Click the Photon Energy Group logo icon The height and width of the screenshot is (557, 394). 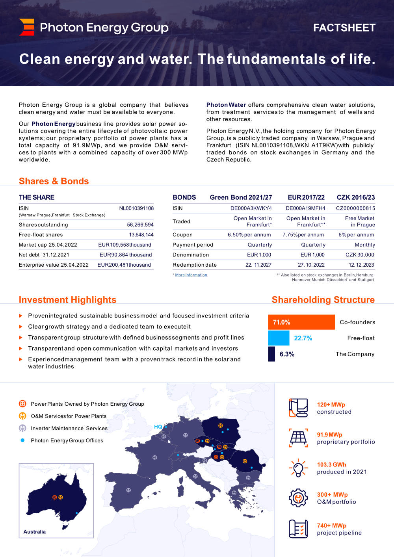click(x=26, y=27)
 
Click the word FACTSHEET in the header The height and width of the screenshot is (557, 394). click(x=344, y=28)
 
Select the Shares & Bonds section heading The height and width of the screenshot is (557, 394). click(x=54, y=181)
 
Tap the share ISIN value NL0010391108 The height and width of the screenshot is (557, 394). click(x=136, y=208)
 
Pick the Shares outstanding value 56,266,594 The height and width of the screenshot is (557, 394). click(x=140, y=225)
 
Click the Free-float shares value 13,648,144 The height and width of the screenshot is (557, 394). click(x=141, y=235)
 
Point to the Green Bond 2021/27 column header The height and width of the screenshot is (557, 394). click(x=241, y=197)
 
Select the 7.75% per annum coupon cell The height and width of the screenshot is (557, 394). click(x=303, y=235)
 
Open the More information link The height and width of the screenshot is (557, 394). click(x=191, y=275)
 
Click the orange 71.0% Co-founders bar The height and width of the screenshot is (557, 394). click(x=301, y=322)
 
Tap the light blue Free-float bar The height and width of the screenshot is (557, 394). click(x=279, y=338)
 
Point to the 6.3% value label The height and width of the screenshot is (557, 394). click(x=287, y=354)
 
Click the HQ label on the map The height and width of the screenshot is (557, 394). click(x=158, y=427)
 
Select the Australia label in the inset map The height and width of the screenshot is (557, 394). click(x=35, y=532)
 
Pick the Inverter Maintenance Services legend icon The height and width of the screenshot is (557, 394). click(x=22, y=428)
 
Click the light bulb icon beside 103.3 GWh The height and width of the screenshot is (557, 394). click(x=298, y=468)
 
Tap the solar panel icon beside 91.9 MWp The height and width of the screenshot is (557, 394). click(x=298, y=438)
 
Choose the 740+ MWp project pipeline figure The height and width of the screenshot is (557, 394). click(x=331, y=525)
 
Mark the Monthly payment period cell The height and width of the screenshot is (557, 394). click(x=365, y=245)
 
